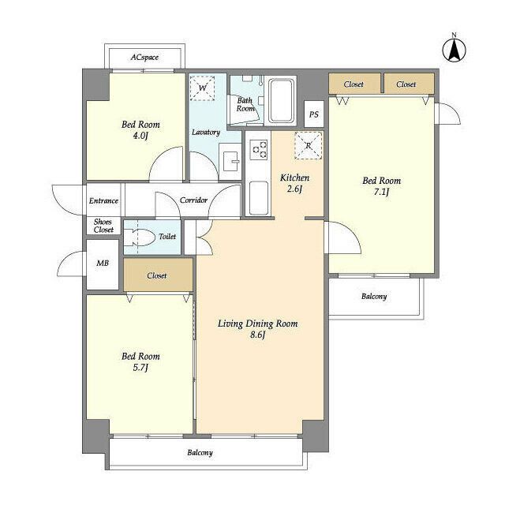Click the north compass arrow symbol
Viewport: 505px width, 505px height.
(x=454, y=50)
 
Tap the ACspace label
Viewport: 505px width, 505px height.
(x=144, y=58)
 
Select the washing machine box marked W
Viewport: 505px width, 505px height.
(x=202, y=88)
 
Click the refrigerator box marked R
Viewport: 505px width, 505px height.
(x=309, y=145)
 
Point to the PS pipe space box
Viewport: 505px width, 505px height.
(x=314, y=114)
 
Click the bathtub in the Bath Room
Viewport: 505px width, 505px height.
(x=281, y=100)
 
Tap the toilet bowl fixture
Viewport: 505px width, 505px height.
(x=140, y=238)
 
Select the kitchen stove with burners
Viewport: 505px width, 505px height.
(x=260, y=149)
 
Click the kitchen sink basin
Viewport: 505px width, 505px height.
(x=259, y=198)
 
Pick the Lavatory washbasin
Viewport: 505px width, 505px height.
(x=230, y=161)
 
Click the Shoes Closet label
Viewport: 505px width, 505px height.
(x=103, y=226)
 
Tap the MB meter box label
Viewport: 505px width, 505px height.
(x=103, y=263)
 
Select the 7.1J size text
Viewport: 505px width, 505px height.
(x=381, y=192)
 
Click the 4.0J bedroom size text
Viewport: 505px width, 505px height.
(x=140, y=136)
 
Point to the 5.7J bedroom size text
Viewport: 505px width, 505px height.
(x=140, y=368)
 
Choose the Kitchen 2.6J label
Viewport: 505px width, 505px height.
(x=294, y=183)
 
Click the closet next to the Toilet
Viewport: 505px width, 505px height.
(x=158, y=275)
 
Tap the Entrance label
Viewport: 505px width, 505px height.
(x=103, y=200)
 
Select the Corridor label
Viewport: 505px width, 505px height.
(x=193, y=200)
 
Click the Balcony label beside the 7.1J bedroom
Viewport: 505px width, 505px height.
(x=374, y=297)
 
